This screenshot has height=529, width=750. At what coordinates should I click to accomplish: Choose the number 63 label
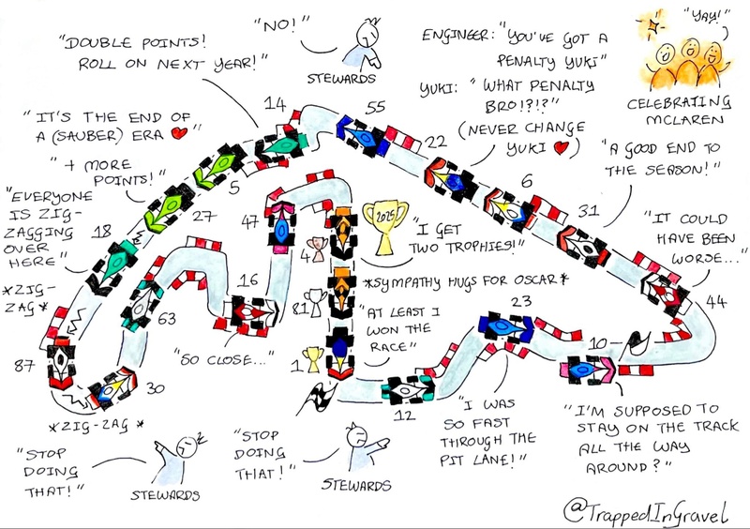(167, 319)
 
